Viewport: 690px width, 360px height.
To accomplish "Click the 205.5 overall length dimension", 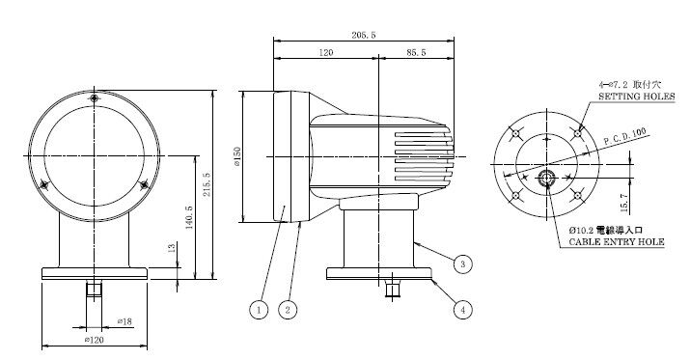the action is (x=364, y=35).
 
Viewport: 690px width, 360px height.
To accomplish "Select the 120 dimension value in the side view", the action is (x=325, y=53).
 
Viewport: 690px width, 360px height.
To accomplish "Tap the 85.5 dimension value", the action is (x=416, y=53).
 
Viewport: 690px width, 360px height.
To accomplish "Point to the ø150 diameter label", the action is (x=237, y=156).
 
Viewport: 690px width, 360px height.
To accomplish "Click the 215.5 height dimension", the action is (x=207, y=184).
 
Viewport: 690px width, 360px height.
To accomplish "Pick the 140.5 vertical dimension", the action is (x=189, y=217).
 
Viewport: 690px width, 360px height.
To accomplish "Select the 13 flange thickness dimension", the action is (x=172, y=247).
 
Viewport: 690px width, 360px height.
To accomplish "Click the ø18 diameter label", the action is (x=124, y=321).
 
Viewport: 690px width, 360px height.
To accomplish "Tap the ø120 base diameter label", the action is (x=95, y=340).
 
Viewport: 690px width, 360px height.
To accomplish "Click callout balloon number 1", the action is (x=259, y=310).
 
